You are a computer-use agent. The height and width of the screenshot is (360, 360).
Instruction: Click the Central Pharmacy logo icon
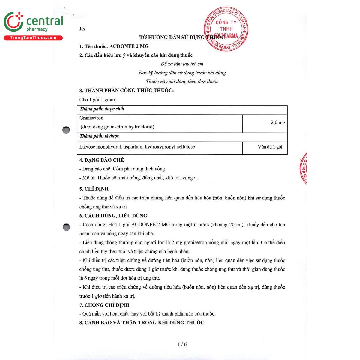[13, 22]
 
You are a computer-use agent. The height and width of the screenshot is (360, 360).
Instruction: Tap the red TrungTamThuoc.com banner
[33, 38]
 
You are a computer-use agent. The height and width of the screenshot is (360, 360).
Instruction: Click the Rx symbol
[82, 29]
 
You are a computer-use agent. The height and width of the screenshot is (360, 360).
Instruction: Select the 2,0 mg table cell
[278, 122]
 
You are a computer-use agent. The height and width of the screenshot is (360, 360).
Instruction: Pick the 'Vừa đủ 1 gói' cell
[270, 147]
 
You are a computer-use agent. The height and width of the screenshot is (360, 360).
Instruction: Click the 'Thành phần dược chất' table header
[102, 109]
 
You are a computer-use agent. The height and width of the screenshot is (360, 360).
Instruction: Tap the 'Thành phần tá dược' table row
[100, 136]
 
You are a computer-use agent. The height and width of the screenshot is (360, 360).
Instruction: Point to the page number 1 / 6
[182, 344]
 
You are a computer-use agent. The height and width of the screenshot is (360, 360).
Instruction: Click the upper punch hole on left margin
[66, 130]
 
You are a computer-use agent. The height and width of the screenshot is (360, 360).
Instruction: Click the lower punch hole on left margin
[66, 227]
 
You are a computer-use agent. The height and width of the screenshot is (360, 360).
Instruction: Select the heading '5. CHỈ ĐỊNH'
[94, 189]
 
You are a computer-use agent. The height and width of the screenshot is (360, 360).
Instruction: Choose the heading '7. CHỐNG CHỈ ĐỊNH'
[104, 305]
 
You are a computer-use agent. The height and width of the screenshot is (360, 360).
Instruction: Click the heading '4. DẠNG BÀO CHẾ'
[102, 160]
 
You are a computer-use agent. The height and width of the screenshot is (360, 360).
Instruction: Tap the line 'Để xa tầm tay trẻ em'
[182, 64]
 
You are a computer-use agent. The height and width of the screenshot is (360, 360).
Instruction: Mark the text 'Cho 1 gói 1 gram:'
[98, 100]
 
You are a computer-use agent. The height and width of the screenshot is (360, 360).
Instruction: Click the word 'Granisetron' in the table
[91, 118]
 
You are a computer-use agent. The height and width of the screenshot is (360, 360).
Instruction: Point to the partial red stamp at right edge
[304, 168]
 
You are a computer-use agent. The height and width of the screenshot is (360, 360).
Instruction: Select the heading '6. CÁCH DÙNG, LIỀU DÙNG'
[113, 216]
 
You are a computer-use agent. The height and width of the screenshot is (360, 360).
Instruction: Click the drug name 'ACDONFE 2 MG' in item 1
[129, 46]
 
